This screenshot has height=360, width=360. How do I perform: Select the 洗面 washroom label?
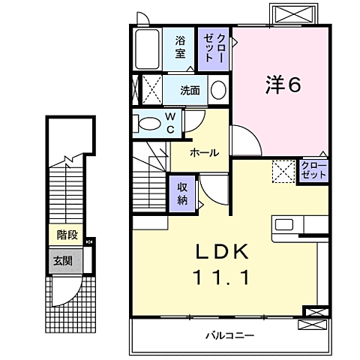click(x=190, y=91)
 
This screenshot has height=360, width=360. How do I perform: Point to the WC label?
click(x=169, y=123)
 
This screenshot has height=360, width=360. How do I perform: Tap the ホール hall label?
click(x=204, y=153)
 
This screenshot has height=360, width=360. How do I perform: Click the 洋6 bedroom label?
click(x=283, y=85)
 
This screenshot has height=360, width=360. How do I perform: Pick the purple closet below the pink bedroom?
click(x=313, y=169)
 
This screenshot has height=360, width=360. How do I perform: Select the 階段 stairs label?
click(x=67, y=234)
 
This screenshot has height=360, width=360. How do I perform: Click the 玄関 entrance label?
click(x=63, y=261)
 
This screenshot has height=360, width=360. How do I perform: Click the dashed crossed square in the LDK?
click(x=283, y=172)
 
